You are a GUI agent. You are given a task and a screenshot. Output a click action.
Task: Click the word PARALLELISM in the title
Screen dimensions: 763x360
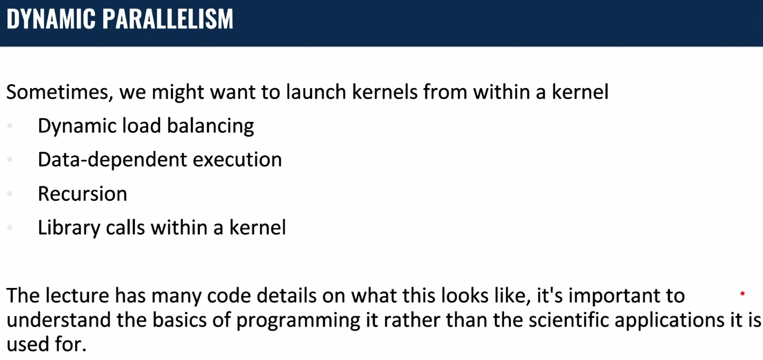tap(168, 19)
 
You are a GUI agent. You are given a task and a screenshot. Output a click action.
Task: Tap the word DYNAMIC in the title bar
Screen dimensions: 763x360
tap(51, 19)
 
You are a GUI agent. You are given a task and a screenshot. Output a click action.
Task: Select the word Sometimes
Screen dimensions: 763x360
tap(60, 92)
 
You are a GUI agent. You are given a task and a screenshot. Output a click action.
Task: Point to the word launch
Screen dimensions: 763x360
tap(316, 92)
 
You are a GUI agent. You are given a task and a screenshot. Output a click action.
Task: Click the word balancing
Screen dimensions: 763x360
tap(211, 126)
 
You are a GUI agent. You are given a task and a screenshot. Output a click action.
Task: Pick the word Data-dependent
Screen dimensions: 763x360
tap(112, 160)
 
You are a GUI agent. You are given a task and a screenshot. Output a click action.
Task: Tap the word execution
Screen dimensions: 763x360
tap(237, 160)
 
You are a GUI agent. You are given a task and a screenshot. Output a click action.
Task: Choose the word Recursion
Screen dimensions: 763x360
tap(82, 194)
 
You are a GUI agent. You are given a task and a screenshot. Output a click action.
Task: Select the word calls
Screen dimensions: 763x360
tap(125, 227)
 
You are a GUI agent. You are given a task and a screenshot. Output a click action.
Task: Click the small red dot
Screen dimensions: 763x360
tap(743, 293)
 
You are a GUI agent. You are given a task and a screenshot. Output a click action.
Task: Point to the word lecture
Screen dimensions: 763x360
tap(77, 295)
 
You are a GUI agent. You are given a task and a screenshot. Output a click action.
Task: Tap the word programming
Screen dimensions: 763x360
tap(298, 321)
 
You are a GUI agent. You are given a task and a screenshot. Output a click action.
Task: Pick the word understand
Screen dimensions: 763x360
tap(59, 320)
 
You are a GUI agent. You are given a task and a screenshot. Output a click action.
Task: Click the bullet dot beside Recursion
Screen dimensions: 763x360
tap(10, 194)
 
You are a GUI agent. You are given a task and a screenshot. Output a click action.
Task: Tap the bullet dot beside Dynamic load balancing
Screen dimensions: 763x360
tap(10, 126)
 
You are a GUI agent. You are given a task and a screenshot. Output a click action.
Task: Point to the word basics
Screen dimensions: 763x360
tap(179, 320)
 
